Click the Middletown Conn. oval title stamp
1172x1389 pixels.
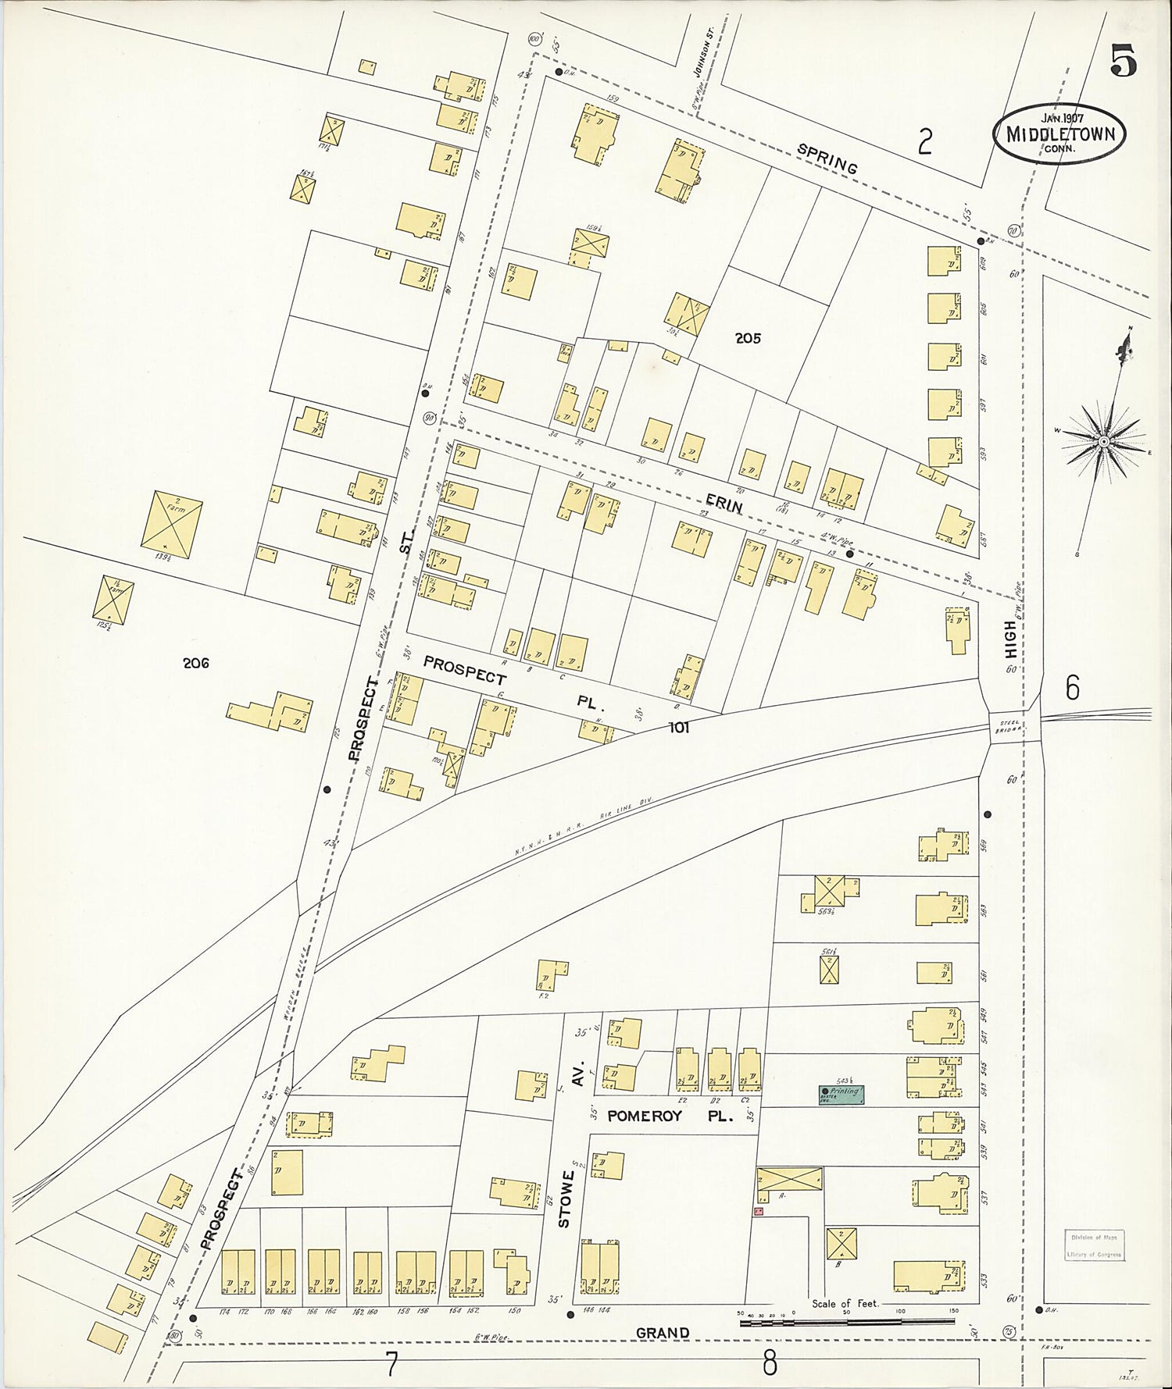(x=1059, y=134)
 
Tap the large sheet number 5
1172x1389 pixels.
(x=1124, y=62)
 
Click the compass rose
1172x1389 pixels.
(x=1103, y=441)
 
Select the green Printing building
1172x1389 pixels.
(x=841, y=1094)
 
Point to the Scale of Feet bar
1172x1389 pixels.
(x=847, y=1322)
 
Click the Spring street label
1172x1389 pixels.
(x=827, y=159)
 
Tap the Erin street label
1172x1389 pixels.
(x=724, y=503)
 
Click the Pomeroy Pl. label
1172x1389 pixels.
(x=670, y=1116)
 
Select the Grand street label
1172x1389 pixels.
(x=662, y=1333)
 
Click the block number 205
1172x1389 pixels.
(x=747, y=338)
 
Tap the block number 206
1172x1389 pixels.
(x=195, y=663)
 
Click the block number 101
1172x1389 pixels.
(x=678, y=728)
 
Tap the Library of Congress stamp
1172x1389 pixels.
(x=1095, y=1245)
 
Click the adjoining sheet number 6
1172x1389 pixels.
(x=1072, y=688)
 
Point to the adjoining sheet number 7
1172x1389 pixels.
(x=391, y=1365)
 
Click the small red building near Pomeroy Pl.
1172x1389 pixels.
(x=757, y=1211)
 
